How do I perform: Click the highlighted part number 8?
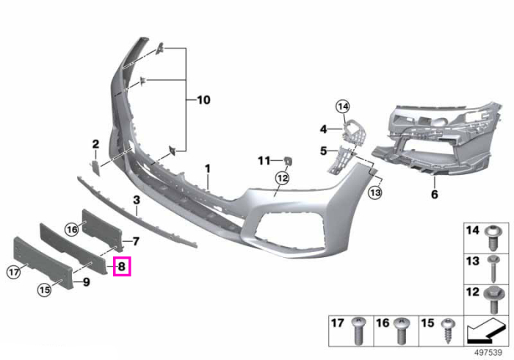point(122,266)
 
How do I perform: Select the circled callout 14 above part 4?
point(343,107)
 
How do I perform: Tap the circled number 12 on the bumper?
point(283,179)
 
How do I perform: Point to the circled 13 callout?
point(375,192)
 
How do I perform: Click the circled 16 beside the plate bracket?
point(72,229)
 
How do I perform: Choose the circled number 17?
point(14,272)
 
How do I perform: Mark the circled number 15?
point(44,289)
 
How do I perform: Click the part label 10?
point(203,100)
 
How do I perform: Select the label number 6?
point(435,194)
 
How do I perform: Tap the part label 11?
point(264,161)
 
